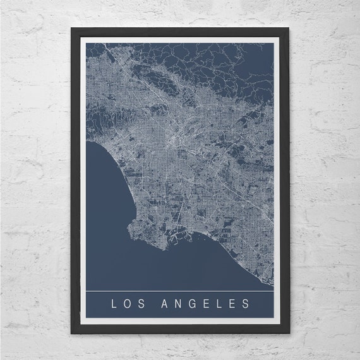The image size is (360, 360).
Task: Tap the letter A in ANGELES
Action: click(157, 304)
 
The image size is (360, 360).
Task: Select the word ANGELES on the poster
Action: click(201, 304)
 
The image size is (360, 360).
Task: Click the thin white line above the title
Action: click(180, 291)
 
